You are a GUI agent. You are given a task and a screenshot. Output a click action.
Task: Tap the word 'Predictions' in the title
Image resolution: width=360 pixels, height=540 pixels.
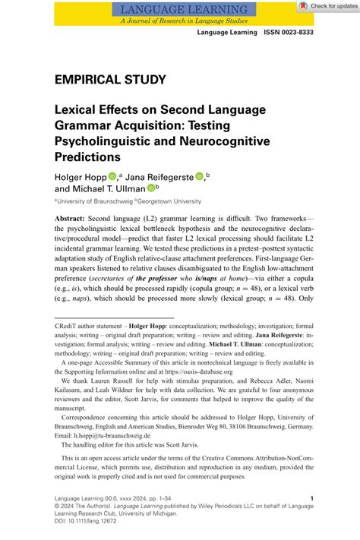(x=87, y=156)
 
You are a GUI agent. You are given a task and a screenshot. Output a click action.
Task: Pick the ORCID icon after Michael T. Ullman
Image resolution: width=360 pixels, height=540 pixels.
(x=152, y=188)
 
